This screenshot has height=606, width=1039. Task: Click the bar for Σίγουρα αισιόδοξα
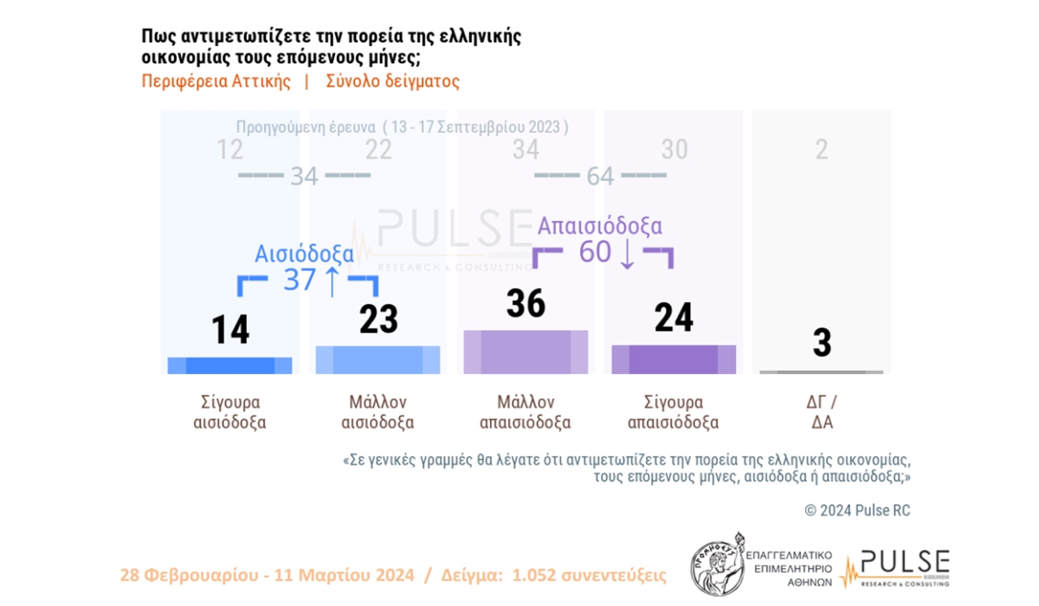[x=229, y=365]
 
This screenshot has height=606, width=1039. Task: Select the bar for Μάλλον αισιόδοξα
[x=378, y=360]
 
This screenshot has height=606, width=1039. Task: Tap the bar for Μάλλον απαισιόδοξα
[x=526, y=352]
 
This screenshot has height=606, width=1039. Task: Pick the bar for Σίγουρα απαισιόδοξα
[x=674, y=359]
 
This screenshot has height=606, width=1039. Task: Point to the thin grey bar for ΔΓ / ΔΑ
[x=821, y=372]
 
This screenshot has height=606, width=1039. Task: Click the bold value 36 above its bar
[x=526, y=304]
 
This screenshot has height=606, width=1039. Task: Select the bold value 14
[x=230, y=330]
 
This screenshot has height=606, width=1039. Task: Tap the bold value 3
[x=822, y=343]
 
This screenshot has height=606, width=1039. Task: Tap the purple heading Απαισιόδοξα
[x=600, y=226]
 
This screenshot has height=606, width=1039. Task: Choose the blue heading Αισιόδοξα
[x=304, y=254]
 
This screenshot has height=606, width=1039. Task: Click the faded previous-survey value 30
[x=674, y=150]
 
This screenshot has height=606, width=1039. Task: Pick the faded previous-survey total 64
[x=599, y=177]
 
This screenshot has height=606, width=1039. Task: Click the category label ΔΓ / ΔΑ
[x=821, y=413]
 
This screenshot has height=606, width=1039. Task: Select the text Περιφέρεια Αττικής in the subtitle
[x=216, y=82]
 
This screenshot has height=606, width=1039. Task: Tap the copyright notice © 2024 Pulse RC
[x=857, y=511]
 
